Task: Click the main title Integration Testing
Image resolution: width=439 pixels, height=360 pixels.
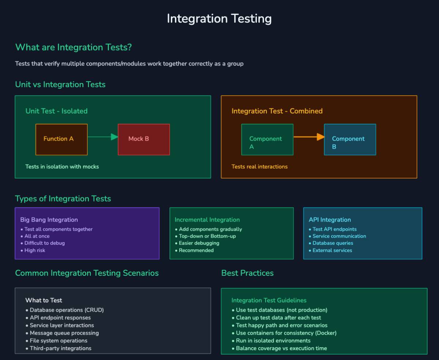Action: pos(219,19)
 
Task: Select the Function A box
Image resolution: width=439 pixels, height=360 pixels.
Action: pos(61,139)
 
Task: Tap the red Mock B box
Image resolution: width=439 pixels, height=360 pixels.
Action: pos(144,139)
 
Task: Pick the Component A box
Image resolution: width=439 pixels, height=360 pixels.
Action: pos(267,140)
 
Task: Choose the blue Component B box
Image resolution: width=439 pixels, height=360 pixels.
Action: pos(350,140)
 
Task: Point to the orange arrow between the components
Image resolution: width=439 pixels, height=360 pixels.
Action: pos(309,137)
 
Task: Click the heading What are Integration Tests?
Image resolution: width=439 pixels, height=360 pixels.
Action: pos(73,47)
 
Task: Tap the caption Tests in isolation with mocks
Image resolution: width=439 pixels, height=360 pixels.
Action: pos(62,167)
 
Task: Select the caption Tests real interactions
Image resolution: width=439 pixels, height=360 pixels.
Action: pos(259,167)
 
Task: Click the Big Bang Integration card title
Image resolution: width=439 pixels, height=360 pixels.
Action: pos(49,220)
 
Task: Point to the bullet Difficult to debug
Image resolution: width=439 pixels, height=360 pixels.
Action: pos(45,243)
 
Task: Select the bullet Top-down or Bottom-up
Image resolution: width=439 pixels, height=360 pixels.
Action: pos(207,236)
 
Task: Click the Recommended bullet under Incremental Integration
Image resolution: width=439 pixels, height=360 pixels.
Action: pos(196,250)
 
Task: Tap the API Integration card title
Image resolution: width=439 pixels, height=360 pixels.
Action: pos(330,220)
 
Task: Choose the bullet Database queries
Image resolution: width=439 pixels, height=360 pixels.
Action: pos(333,243)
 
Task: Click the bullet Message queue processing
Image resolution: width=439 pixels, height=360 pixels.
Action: pos(64,333)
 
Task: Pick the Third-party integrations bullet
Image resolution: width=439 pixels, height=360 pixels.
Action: pos(60,348)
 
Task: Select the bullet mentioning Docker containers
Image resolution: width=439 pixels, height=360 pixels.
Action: pos(286,333)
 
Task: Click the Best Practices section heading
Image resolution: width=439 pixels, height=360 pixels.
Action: pos(247,273)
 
